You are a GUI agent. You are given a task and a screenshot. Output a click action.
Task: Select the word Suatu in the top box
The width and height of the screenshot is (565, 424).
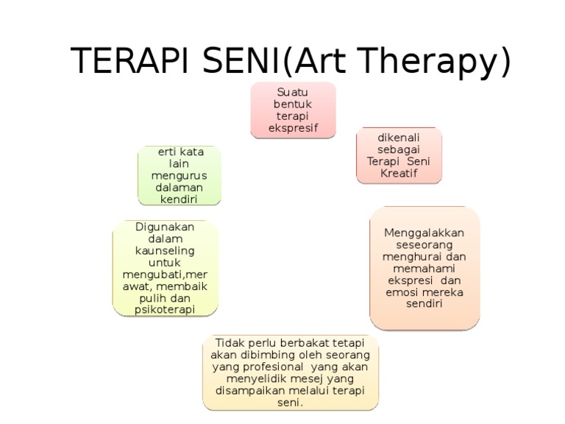[x=293, y=92]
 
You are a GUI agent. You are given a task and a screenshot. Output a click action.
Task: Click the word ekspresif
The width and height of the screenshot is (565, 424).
[x=293, y=128]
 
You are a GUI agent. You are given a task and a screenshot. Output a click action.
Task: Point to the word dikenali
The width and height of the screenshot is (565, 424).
[x=399, y=138]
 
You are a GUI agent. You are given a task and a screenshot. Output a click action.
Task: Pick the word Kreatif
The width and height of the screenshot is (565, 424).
[x=399, y=174]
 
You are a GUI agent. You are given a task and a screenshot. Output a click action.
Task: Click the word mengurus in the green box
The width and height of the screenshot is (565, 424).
[x=179, y=176]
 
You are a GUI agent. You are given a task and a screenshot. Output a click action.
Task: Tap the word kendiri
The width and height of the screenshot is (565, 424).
[x=179, y=199]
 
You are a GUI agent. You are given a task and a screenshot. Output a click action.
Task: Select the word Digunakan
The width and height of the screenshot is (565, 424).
[x=166, y=227]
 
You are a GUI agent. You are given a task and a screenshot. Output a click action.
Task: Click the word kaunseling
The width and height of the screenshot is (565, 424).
[x=166, y=250]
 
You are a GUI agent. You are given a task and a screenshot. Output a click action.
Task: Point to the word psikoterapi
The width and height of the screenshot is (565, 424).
[x=166, y=310]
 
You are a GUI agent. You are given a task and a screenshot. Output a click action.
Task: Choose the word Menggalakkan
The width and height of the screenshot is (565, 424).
[x=424, y=233]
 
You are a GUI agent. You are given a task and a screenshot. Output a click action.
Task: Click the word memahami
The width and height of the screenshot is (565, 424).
[x=424, y=268]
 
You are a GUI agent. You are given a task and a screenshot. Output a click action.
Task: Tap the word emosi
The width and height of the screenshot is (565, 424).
[x=401, y=291]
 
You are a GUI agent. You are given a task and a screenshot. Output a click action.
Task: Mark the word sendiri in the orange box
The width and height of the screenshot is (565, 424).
[x=424, y=303]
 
